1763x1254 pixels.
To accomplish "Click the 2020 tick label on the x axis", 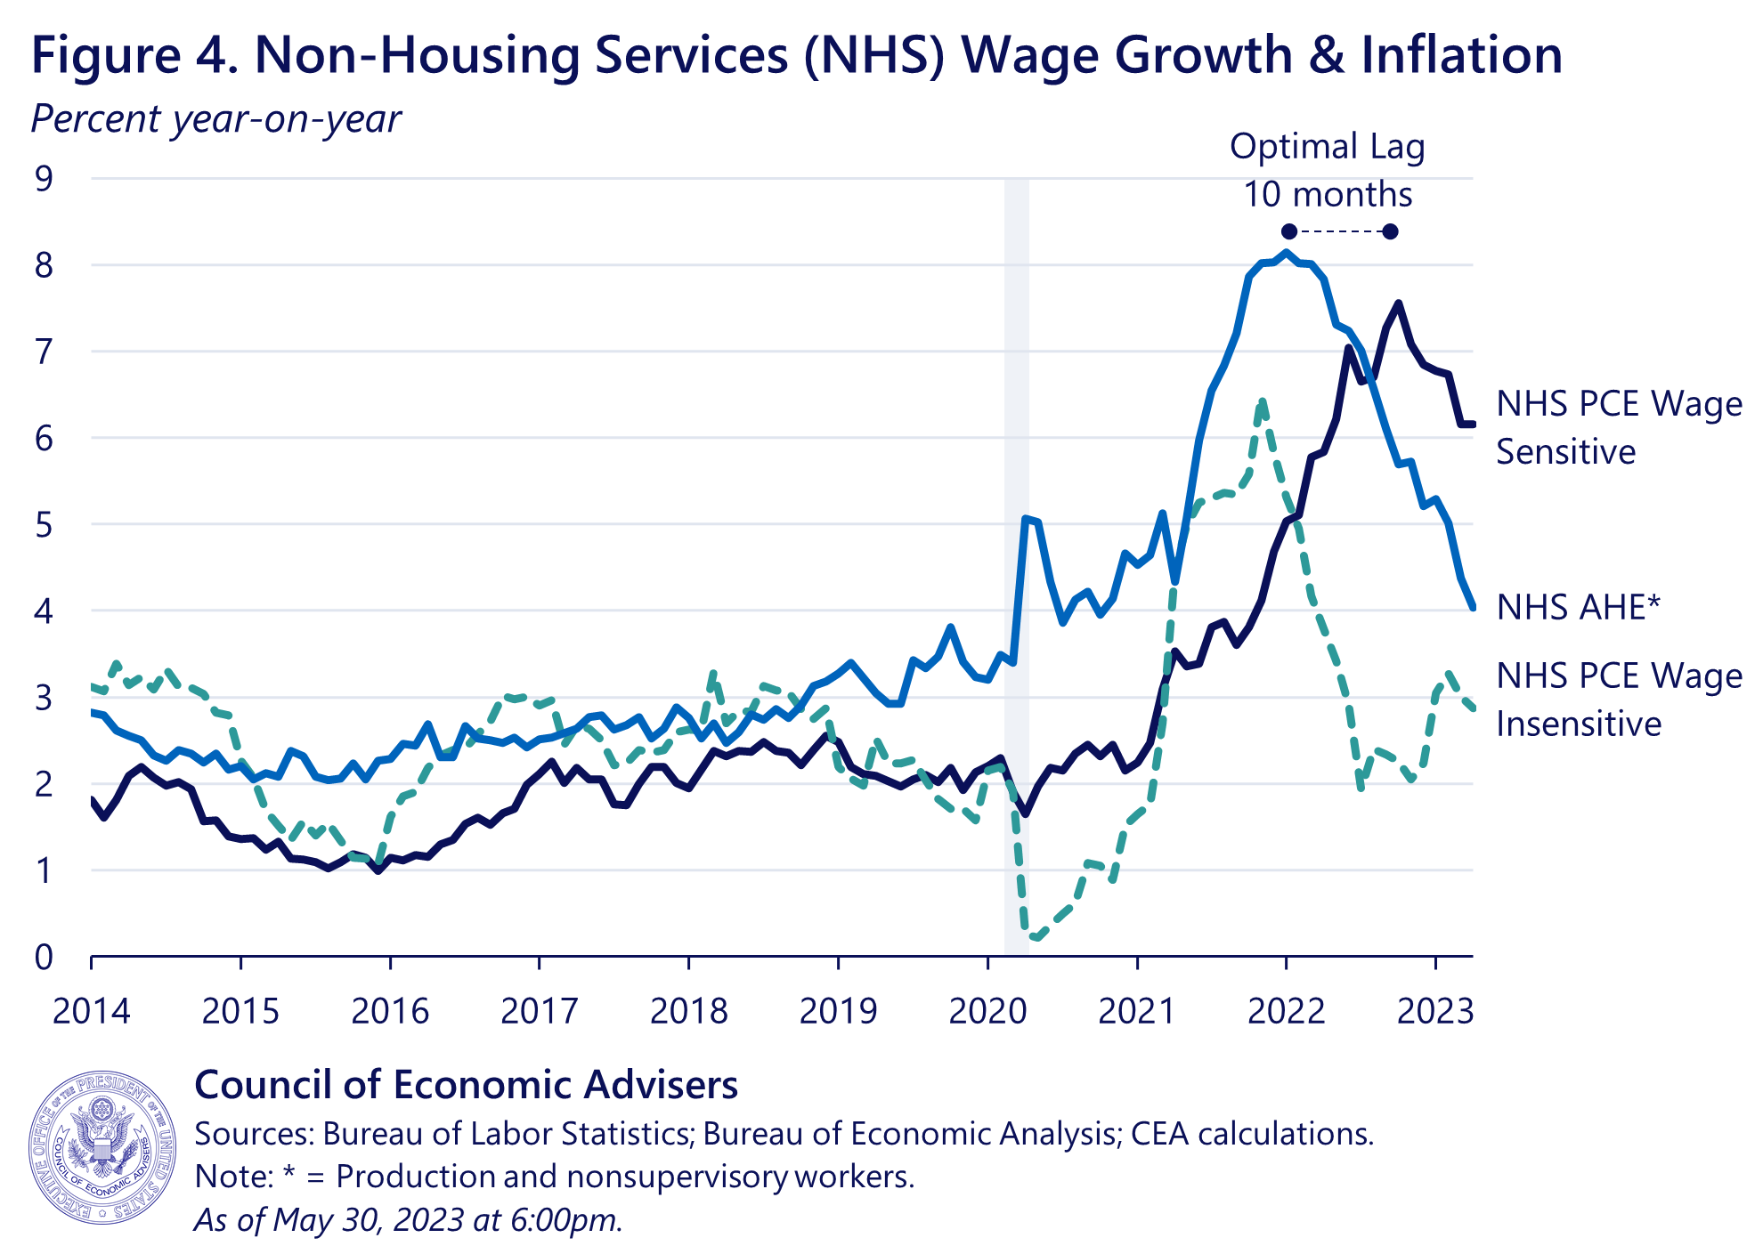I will click(987, 1012).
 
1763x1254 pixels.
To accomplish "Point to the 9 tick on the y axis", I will click(44, 179).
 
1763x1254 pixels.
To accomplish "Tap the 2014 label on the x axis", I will click(91, 1012).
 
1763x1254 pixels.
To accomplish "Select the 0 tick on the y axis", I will click(44, 958).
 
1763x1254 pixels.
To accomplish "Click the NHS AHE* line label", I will click(1578, 608).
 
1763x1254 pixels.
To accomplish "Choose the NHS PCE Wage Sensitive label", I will click(1618, 428).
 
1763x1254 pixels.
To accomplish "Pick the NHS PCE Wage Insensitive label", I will click(1618, 700).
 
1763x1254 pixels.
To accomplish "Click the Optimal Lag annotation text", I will click(1327, 147).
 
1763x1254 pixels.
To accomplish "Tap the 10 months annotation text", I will click(1327, 195).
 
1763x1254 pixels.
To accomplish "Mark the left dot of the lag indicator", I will click(1288, 232).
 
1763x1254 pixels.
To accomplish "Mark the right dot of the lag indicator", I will click(1391, 232).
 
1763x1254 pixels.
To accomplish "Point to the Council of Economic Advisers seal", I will click(102, 1147).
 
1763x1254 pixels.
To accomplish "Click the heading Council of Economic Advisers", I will click(466, 1085).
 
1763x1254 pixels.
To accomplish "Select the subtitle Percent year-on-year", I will click(215, 119).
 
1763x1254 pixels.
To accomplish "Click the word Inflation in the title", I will click(1461, 55).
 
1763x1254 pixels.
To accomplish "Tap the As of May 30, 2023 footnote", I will click(408, 1219).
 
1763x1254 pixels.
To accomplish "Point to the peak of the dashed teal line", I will click(1261, 403).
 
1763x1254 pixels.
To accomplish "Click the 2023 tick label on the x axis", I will click(1434, 1012).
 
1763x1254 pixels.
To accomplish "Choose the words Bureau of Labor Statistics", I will click(508, 1134).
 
